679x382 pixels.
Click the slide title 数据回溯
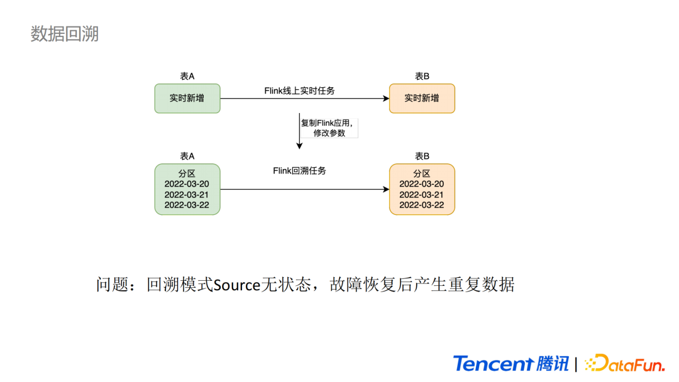(x=65, y=34)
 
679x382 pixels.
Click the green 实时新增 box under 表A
(x=187, y=99)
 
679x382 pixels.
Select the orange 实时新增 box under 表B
(x=422, y=99)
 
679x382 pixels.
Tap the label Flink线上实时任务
(x=300, y=91)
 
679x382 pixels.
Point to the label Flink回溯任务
(x=300, y=171)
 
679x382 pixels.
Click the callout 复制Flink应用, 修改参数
(x=329, y=128)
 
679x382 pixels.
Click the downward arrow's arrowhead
(x=299, y=146)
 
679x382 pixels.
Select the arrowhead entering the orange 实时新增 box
(x=386, y=99)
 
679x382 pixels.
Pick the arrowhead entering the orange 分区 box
(x=386, y=189)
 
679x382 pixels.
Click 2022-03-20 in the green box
(x=187, y=184)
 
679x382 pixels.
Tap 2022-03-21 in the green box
(x=187, y=195)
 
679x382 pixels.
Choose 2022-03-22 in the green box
(x=187, y=205)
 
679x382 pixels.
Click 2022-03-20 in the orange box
(x=422, y=184)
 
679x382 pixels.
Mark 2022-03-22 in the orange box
(x=422, y=205)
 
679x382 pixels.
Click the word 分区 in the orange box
(x=422, y=173)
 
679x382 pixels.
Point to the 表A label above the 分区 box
(x=187, y=156)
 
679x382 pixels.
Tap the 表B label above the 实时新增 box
(x=422, y=76)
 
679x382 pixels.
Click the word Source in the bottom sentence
(x=237, y=285)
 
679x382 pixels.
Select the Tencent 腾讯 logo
(x=511, y=363)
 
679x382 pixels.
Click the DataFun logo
(x=624, y=363)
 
